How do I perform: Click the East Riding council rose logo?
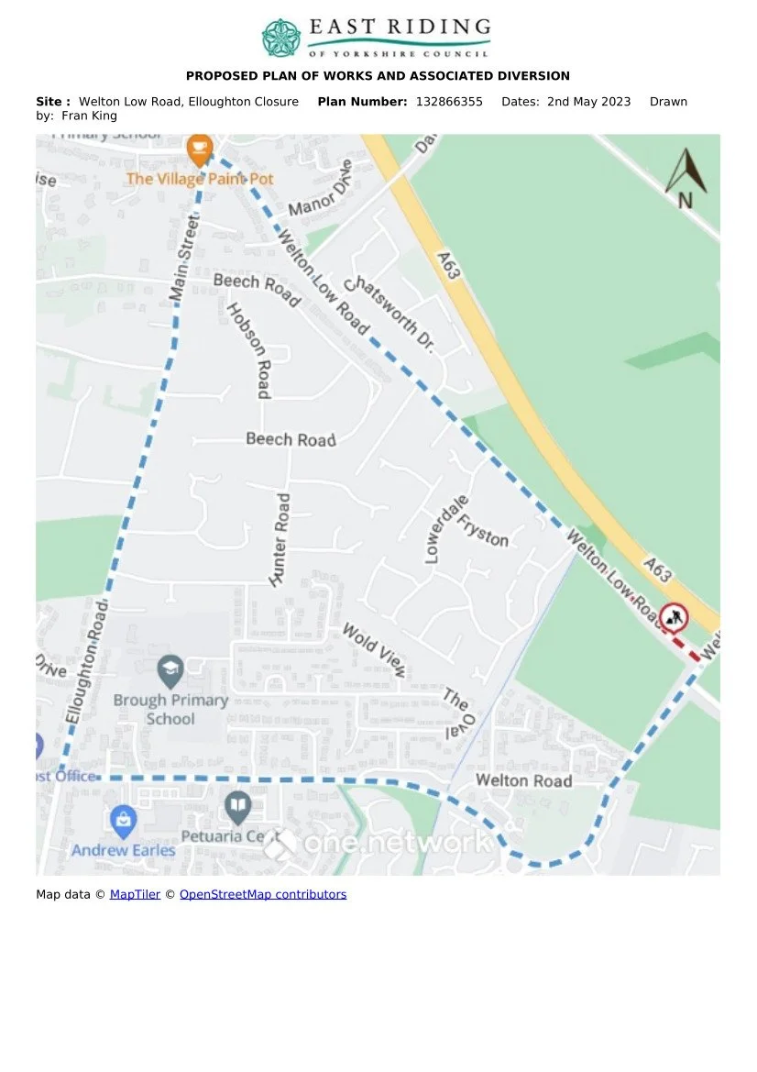coord(281,38)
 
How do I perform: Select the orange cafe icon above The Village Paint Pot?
coord(199,148)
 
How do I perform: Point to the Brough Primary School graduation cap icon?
coord(170,671)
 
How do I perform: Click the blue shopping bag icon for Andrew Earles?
coord(123,822)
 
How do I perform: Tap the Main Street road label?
coord(185,258)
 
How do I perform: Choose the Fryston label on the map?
coord(483,529)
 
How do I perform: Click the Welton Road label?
coord(523,780)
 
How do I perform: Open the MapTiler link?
coord(135,894)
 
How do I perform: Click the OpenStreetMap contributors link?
coord(263,894)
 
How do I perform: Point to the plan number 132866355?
coord(449,102)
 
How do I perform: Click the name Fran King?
coord(90,116)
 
